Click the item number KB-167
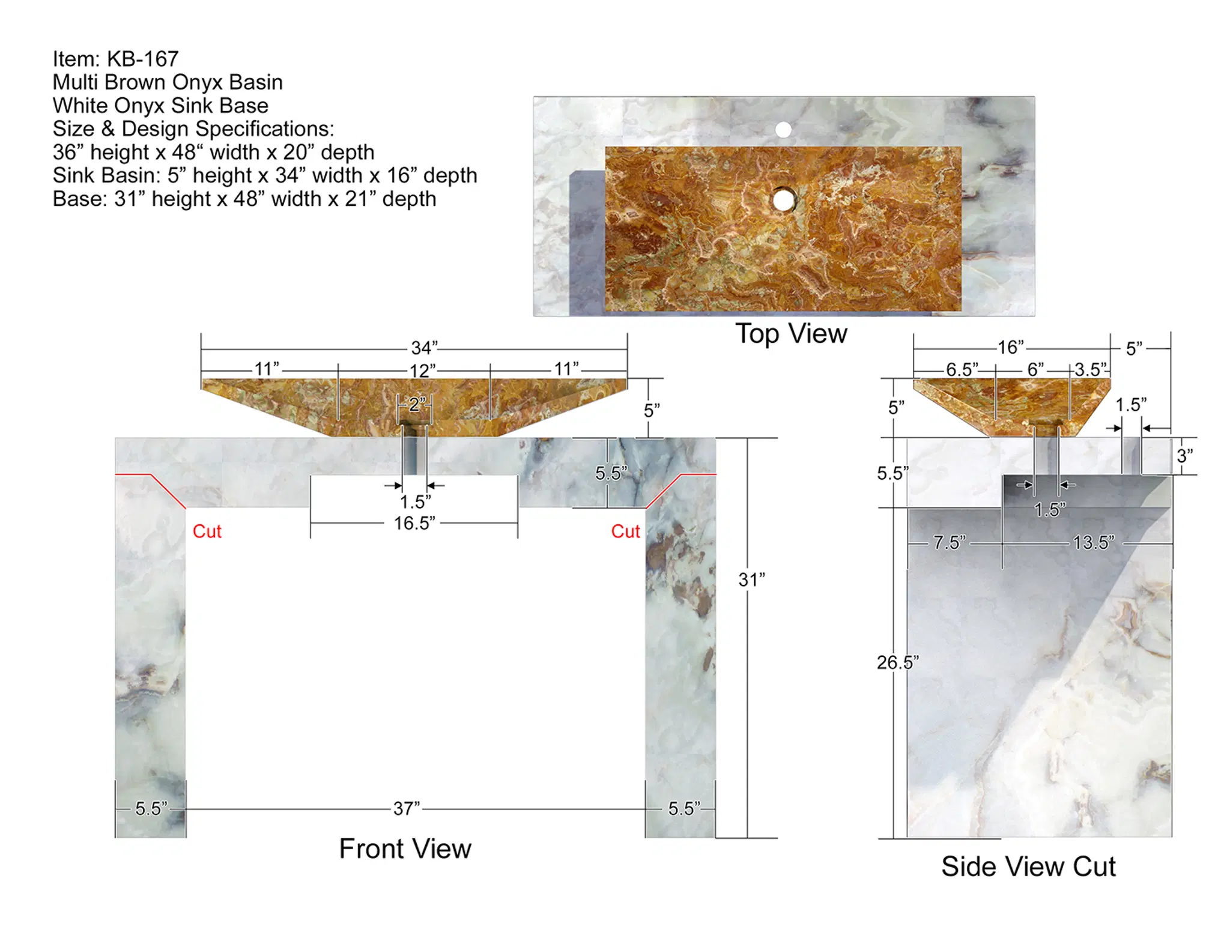[143, 59]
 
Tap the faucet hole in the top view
[783, 129]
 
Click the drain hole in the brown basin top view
[783, 200]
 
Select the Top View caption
[791, 334]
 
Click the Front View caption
[405, 849]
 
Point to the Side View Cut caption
[1028, 867]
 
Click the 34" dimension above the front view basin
[424, 348]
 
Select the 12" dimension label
[423, 371]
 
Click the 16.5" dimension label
[414, 523]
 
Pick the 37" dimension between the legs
[407, 808]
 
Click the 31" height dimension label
[752, 579]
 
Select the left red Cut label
[207, 531]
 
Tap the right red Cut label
[626, 531]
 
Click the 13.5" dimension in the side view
[1094, 543]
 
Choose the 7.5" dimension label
[950, 543]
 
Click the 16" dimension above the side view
[1011, 347]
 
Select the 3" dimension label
[1184, 456]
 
